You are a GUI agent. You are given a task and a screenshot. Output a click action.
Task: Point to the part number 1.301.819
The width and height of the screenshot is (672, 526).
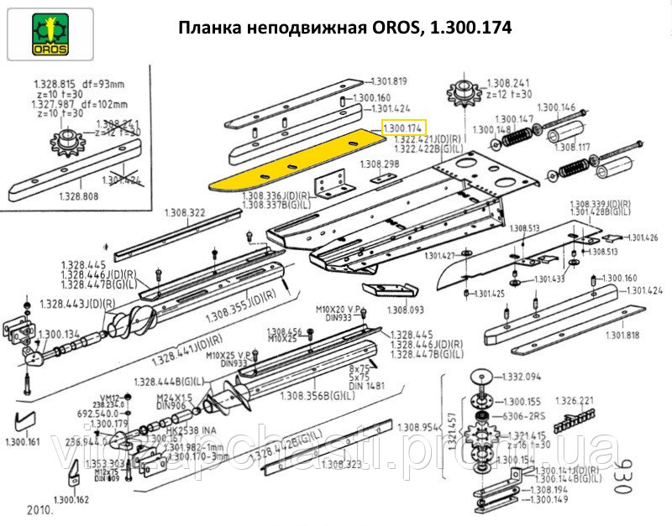(389, 81)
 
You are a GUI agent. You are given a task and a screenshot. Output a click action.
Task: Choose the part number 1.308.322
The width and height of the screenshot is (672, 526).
(185, 212)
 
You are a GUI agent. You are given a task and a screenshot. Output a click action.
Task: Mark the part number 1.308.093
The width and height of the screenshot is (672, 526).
(406, 310)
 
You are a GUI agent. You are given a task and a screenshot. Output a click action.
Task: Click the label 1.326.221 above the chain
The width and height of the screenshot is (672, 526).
(575, 400)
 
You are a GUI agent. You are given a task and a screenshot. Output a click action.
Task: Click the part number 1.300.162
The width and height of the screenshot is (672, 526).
(70, 500)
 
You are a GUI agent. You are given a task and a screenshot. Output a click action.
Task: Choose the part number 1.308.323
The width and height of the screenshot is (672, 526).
(342, 464)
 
